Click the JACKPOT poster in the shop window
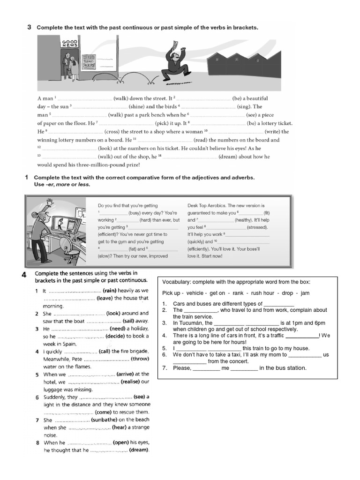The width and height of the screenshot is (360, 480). coord(89,62)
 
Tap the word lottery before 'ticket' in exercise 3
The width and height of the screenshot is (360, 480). coord(264,123)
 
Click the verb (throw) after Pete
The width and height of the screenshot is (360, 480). coord(139,359)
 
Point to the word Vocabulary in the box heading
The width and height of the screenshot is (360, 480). coord(177,282)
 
